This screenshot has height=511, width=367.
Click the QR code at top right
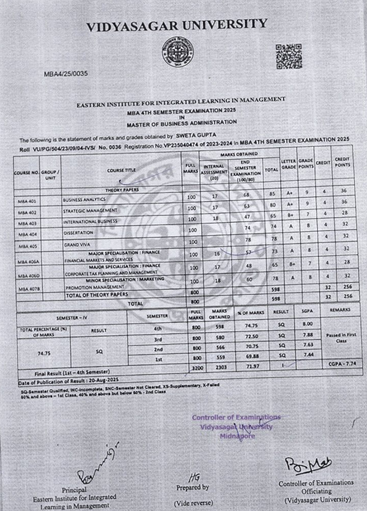[x=288, y=57]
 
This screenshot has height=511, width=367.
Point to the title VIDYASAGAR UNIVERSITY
[x=177, y=25]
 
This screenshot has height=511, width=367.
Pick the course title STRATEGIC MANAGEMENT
[x=90, y=210]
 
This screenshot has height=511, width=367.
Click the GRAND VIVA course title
[x=77, y=244]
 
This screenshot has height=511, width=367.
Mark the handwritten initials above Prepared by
[x=194, y=476]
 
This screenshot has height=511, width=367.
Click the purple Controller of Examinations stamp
[x=236, y=426]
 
